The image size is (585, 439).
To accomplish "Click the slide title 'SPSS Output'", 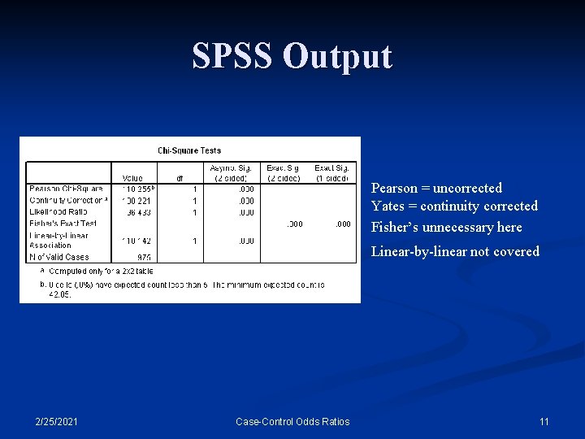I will tap(292, 56).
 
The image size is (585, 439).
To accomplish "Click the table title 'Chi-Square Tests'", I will tap(189, 150).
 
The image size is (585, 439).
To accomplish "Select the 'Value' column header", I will tap(132, 178).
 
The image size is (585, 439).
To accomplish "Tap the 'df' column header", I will tap(181, 178).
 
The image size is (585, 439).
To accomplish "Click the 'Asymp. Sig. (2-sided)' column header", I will tap(232, 173).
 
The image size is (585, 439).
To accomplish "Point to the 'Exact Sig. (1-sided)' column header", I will tap(331, 173).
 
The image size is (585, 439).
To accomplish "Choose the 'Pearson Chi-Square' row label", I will tap(66, 189).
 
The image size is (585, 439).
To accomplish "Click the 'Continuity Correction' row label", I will tap(67, 200).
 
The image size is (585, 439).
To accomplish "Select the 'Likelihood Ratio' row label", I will tap(58, 211).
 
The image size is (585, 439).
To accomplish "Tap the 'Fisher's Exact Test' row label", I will tap(63, 223).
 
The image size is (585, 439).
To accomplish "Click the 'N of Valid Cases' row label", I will tap(59, 257).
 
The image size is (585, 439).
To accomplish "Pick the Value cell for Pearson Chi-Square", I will tap(137, 189).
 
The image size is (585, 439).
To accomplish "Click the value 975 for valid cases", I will tap(144, 257).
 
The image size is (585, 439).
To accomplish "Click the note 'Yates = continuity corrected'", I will tap(454, 206).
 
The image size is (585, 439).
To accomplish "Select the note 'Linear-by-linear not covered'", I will tap(455, 251).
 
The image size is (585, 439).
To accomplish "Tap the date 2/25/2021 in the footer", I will tap(57, 421).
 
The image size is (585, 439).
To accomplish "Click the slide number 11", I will tap(544, 421).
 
